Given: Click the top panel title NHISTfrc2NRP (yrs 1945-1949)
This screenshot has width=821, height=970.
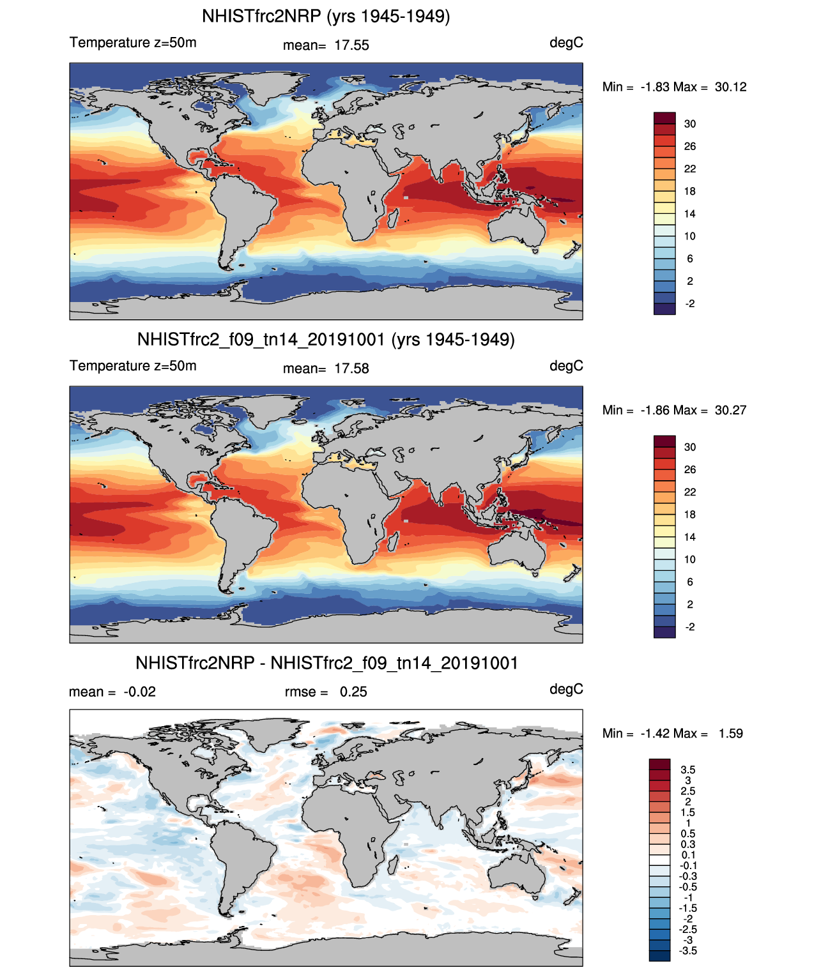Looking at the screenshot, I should [x=326, y=16].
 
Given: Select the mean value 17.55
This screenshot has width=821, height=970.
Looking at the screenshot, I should [x=351, y=45].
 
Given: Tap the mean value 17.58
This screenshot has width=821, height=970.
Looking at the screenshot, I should [x=351, y=368].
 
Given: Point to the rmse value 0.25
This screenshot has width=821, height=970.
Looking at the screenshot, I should [x=353, y=692].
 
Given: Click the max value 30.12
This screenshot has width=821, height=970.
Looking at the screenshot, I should [x=730, y=87].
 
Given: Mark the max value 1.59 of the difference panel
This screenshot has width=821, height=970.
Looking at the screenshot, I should [x=730, y=733].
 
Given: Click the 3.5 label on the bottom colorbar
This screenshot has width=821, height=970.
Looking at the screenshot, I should [x=687, y=769].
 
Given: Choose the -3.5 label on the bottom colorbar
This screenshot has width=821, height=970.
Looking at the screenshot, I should [x=687, y=950].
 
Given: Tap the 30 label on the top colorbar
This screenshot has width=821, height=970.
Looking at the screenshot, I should [x=689, y=124].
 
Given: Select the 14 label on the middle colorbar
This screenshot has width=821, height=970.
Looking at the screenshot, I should [x=689, y=536].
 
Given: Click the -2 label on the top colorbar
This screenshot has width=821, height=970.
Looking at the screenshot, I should [x=689, y=303].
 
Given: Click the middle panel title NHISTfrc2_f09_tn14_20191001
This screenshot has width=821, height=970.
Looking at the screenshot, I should [x=326, y=339].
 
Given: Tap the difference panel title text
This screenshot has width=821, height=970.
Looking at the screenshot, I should [x=326, y=663].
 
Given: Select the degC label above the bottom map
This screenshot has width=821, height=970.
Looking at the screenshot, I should [x=566, y=689].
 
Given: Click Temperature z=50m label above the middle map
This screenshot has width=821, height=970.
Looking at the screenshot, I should [x=133, y=366].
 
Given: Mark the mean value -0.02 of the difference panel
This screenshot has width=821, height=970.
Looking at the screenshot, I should [x=139, y=692].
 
